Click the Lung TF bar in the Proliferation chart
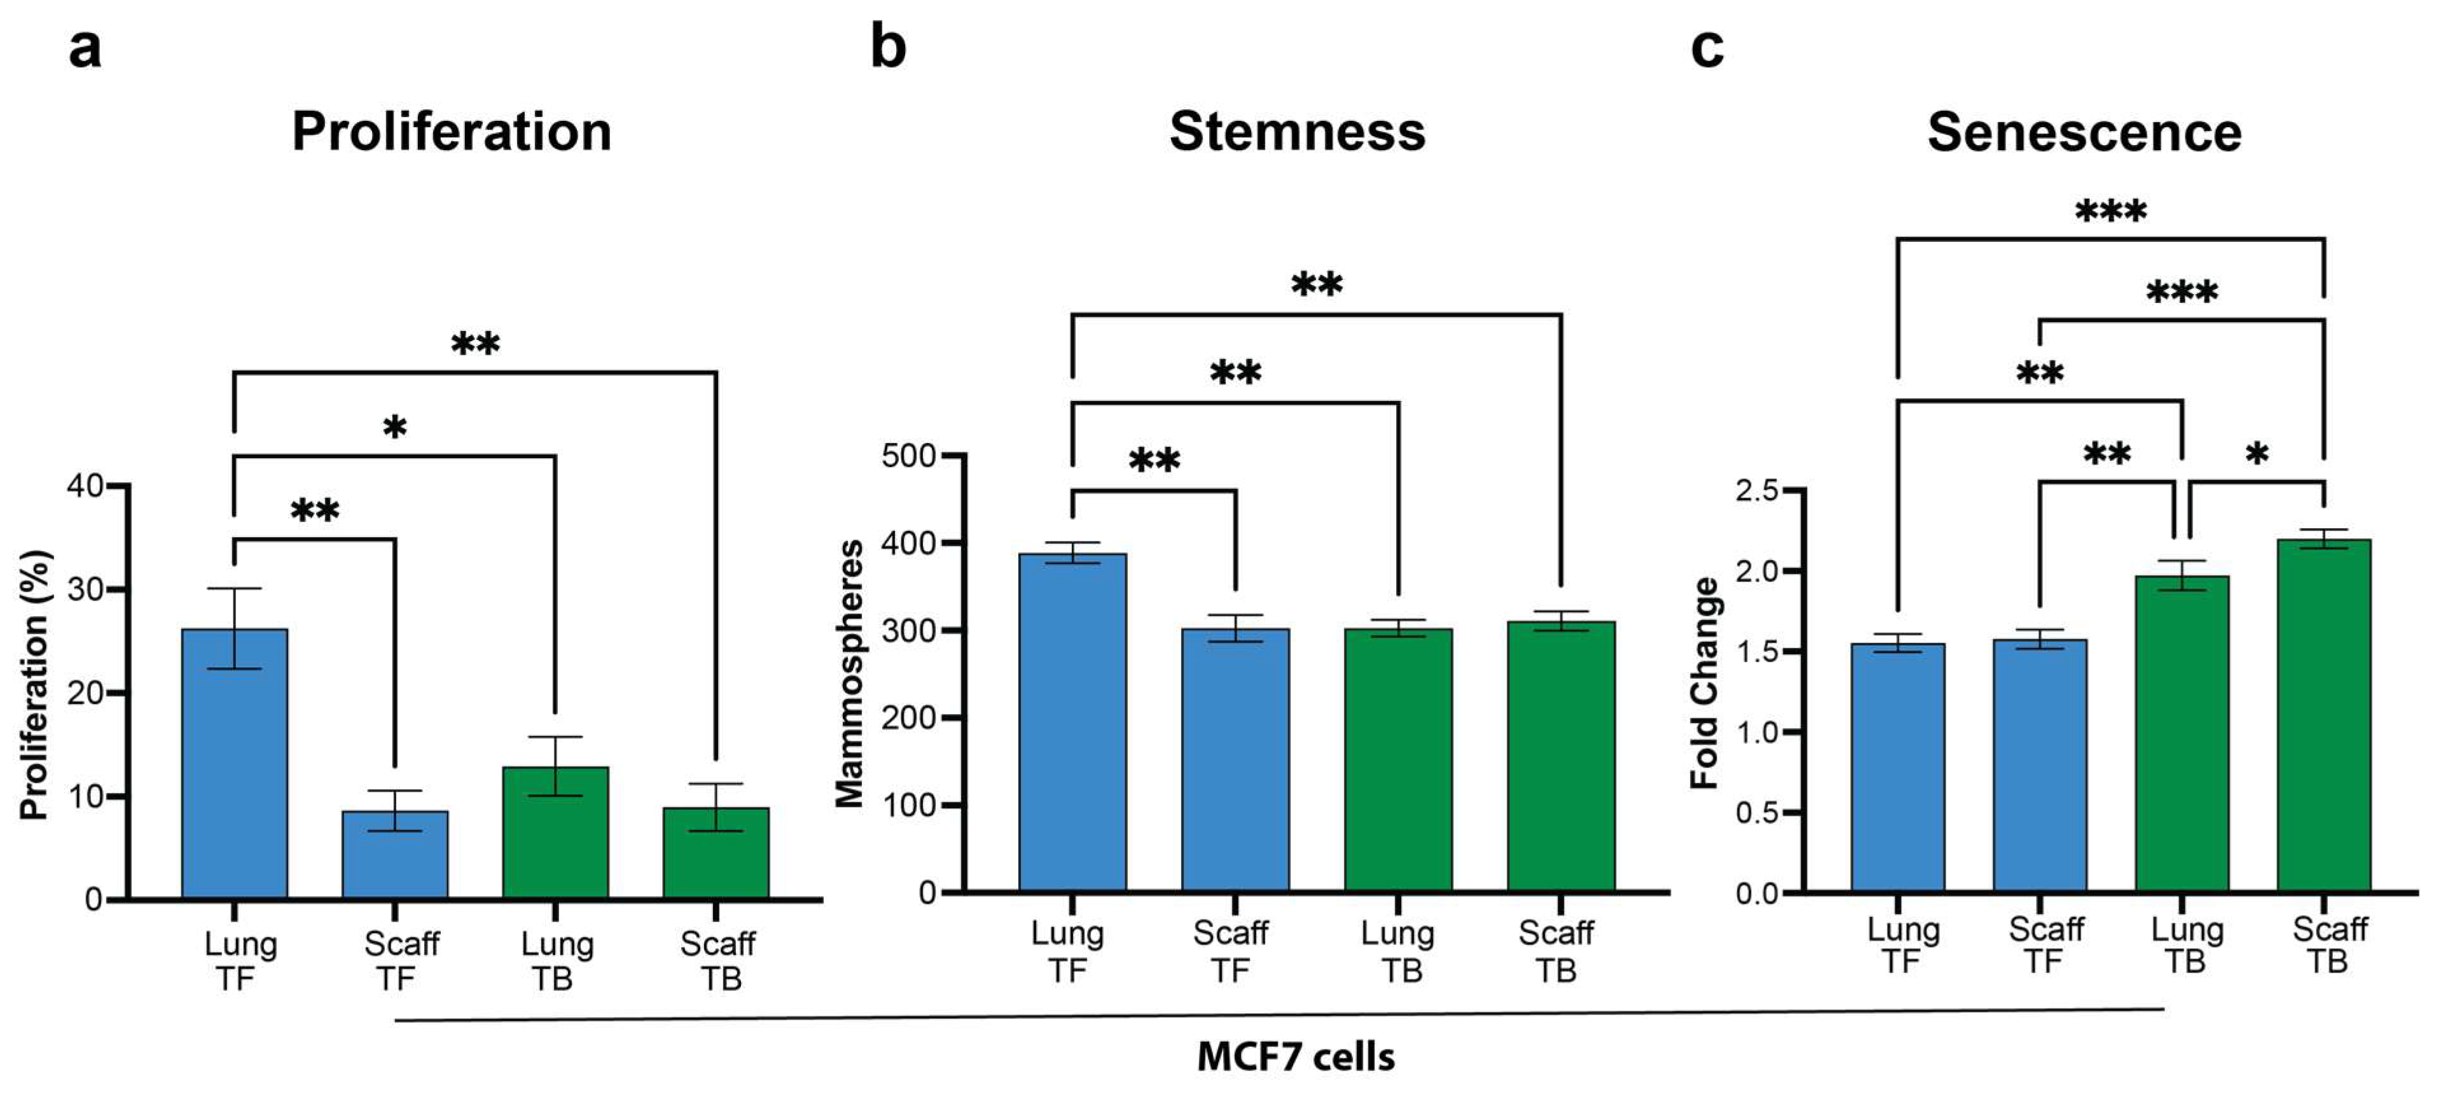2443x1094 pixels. (234, 764)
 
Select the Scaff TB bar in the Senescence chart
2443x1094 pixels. (2323, 717)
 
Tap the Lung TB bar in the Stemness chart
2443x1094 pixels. (1398, 759)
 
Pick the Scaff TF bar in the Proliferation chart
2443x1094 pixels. (394, 854)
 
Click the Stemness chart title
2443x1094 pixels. (1296, 131)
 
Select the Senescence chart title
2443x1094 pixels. (2084, 131)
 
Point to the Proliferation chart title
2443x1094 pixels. (452, 131)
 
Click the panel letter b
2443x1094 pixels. (888, 48)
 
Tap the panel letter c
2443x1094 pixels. (1707, 48)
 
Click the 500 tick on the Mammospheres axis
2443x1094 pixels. (908, 456)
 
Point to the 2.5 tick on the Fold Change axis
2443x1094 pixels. (1756, 491)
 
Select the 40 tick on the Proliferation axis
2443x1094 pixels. (85, 486)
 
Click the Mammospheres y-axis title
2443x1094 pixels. (850, 674)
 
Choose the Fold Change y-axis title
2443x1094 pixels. (1704, 683)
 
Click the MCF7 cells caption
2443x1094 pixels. (1296, 1056)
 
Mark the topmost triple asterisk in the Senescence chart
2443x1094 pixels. (2110, 211)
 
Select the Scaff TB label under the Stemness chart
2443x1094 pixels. (1556, 951)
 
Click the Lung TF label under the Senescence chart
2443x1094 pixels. (1902, 945)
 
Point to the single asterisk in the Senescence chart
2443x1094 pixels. (2257, 454)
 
